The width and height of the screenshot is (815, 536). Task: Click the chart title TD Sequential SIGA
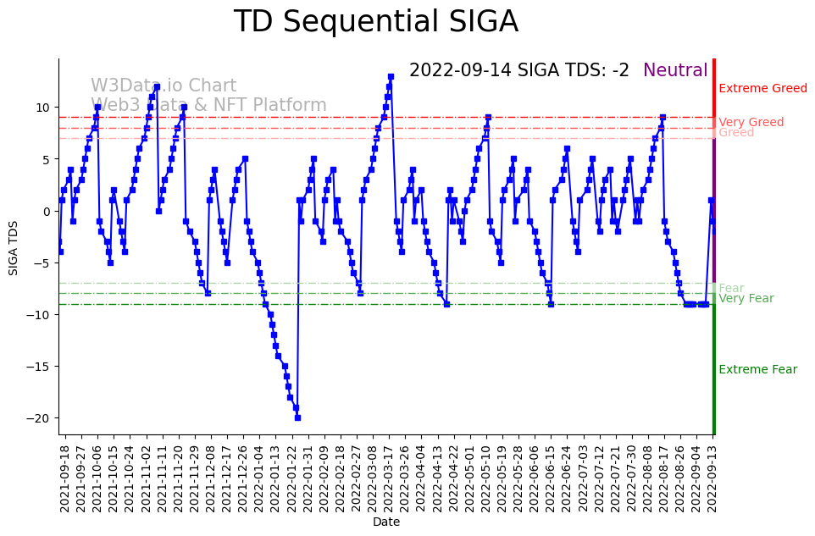coord(375,22)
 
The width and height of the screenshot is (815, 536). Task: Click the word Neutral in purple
coord(675,71)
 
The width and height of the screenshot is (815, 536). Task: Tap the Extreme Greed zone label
coord(762,89)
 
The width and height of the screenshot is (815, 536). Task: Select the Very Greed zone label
coord(751,123)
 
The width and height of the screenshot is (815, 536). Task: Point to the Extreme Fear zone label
coord(757,370)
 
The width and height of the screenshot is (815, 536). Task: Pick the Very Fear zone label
coord(746,299)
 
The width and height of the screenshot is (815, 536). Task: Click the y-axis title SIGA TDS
coord(14,246)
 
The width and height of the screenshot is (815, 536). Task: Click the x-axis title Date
coord(385,522)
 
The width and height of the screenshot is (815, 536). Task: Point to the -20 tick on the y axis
coord(42,418)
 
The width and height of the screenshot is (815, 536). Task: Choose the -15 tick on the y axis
coord(42,367)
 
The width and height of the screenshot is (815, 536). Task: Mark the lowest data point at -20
coord(297,417)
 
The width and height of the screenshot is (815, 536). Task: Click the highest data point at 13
coord(391,77)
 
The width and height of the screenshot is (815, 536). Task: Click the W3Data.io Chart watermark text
coord(164,86)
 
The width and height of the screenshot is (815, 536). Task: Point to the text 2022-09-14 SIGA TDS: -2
coord(518,71)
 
